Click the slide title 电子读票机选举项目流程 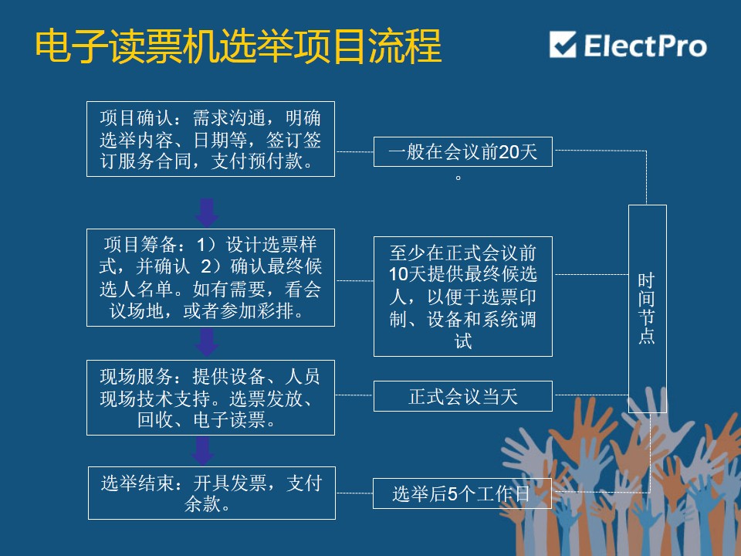point(239,46)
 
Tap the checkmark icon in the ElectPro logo point(563,45)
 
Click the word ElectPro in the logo point(645,46)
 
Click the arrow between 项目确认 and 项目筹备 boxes point(207,213)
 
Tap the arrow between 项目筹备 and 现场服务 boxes point(207,343)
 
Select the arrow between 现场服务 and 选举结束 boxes point(203,450)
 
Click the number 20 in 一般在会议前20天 point(509,152)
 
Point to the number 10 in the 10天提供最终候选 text point(398,273)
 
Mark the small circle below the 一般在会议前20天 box point(458,178)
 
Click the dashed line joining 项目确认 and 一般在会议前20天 point(354,152)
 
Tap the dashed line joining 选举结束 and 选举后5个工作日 point(354,493)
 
